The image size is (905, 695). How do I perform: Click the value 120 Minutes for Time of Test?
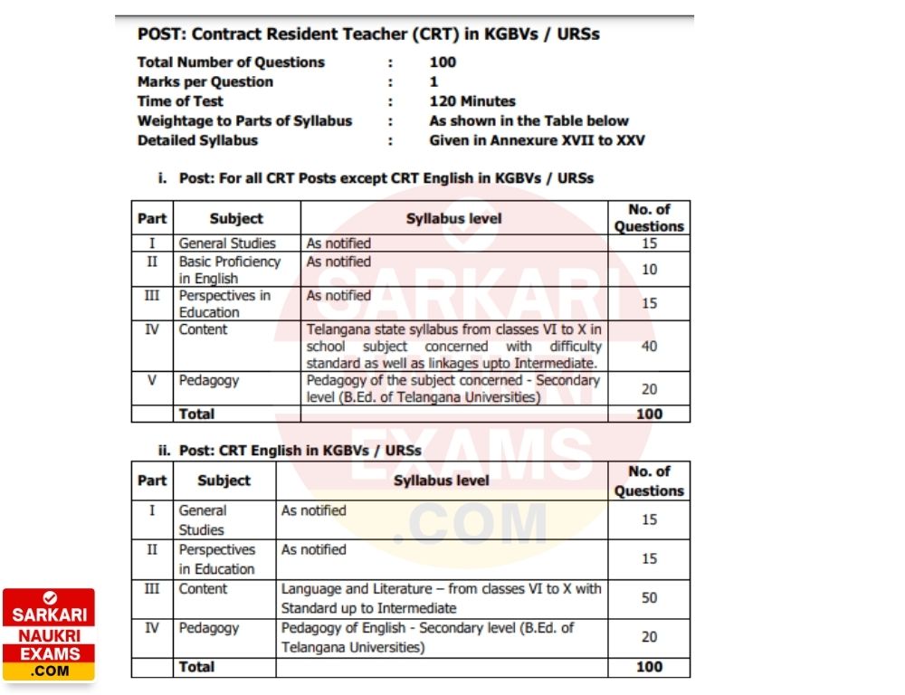tap(472, 101)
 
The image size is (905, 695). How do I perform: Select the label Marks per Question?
tap(205, 81)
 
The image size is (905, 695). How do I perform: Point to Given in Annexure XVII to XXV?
tap(538, 140)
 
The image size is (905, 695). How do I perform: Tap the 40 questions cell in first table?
tap(649, 346)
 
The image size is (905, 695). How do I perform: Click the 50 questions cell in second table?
tap(649, 598)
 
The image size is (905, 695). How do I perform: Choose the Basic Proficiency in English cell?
tap(230, 270)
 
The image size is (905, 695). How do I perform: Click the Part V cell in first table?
tap(152, 380)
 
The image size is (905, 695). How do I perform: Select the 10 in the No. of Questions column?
tap(649, 270)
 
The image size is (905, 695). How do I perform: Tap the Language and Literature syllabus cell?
tap(441, 598)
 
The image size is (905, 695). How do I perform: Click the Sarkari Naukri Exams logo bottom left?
tap(49, 635)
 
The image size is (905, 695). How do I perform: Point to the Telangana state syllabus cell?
tap(453, 346)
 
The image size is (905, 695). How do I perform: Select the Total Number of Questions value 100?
tap(443, 62)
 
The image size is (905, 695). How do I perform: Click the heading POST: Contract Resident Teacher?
tap(368, 34)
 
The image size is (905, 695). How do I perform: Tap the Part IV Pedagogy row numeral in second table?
tap(152, 627)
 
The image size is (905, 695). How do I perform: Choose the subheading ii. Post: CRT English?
tap(290, 450)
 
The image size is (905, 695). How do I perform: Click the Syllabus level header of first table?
tap(453, 218)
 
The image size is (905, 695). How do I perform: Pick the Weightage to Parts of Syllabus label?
tap(244, 120)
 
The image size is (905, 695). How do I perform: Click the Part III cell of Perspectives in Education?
tap(152, 295)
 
